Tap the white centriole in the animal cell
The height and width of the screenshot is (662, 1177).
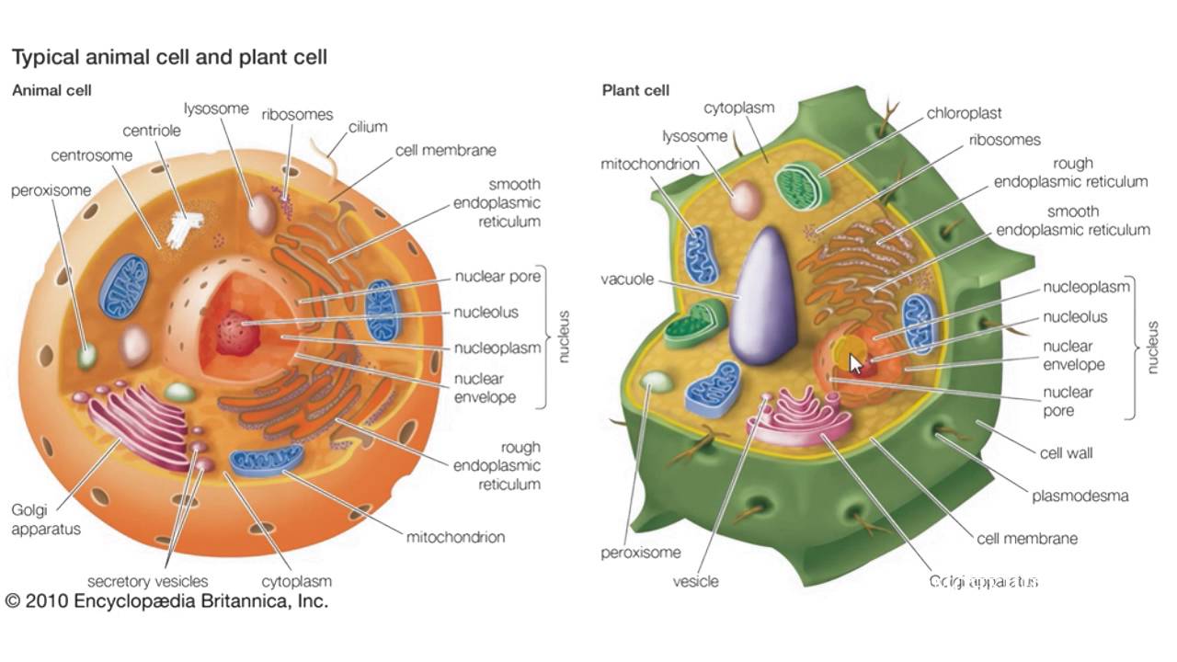click(184, 229)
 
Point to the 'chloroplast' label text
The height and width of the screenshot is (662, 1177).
click(964, 113)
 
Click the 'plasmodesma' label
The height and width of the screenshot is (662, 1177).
click(1080, 496)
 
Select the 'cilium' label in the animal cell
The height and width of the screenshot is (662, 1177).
click(368, 127)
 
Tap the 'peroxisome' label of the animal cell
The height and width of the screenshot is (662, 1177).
click(51, 190)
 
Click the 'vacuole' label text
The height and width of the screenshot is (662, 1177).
click(627, 279)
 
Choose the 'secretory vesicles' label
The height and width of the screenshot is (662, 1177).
click(148, 582)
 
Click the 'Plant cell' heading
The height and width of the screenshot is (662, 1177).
click(635, 90)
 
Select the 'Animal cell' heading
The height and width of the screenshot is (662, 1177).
click(51, 90)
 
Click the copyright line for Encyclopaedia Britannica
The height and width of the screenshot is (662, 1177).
click(166, 601)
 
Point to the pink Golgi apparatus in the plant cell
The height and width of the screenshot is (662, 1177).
click(799, 418)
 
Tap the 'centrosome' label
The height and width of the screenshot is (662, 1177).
click(91, 155)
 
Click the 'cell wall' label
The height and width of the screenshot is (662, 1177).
click(1066, 453)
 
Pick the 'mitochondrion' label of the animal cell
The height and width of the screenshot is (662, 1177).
click(455, 537)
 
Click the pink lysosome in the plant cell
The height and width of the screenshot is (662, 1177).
click(745, 200)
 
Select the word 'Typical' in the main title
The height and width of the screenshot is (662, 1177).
click(45, 58)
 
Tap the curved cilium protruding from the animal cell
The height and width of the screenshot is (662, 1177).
click(325, 156)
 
